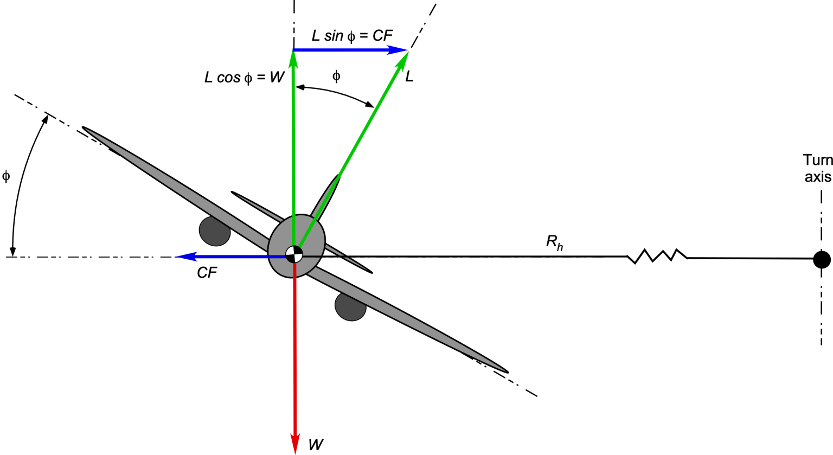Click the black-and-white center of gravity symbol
tap(294, 254)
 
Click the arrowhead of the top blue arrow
tap(399, 50)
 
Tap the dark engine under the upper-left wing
tap(215, 231)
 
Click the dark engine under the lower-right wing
tap(350, 306)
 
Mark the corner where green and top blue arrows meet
tap(293, 50)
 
